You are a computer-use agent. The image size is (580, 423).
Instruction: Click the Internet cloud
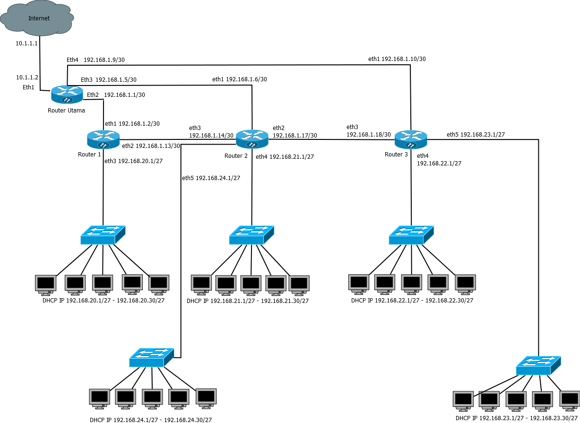(x=38, y=18)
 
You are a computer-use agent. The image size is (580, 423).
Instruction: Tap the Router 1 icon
(x=103, y=139)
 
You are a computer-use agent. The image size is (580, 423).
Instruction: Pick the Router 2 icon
(x=252, y=138)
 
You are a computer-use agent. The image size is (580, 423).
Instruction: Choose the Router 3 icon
(x=411, y=139)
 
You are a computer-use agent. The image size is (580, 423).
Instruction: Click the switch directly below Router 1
(x=103, y=235)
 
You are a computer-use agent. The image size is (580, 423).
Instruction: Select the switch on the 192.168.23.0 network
(x=538, y=365)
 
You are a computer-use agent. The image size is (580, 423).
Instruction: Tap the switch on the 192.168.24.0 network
(x=152, y=358)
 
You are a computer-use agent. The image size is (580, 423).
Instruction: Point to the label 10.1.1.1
(x=26, y=43)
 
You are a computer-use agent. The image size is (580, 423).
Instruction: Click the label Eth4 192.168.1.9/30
(x=95, y=60)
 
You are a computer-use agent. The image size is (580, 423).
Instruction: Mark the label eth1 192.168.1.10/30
(x=397, y=59)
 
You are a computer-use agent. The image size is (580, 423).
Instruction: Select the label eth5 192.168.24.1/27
(x=211, y=178)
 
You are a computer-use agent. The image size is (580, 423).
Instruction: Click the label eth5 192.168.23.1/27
(x=476, y=135)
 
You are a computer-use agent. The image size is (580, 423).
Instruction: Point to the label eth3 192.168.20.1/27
(x=134, y=161)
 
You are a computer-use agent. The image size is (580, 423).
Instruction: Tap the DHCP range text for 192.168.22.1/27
(x=412, y=300)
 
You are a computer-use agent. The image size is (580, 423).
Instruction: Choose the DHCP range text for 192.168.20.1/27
(x=103, y=300)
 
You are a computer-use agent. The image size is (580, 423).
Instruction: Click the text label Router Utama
(x=66, y=111)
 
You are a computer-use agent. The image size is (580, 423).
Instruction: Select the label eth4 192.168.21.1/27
(x=285, y=157)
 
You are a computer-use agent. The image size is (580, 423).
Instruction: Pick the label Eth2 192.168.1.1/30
(x=116, y=95)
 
